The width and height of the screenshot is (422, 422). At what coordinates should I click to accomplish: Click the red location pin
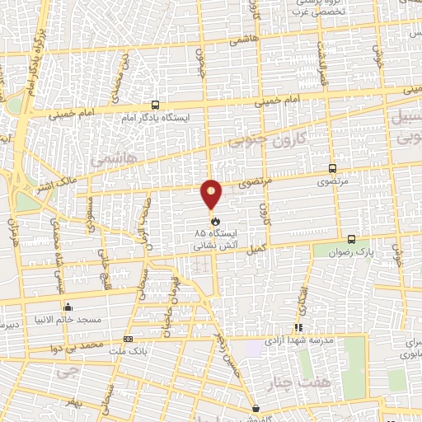[x=212, y=194]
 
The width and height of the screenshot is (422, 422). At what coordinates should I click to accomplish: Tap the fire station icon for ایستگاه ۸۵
[x=215, y=221]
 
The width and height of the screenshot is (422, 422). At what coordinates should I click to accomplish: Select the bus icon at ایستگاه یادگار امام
[x=156, y=105]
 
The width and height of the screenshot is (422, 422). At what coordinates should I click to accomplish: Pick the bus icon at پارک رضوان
[x=352, y=235]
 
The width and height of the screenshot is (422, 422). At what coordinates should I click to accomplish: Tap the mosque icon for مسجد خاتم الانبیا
[x=68, y=307]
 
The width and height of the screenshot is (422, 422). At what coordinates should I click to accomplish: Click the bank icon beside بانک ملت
[x=127, y=340]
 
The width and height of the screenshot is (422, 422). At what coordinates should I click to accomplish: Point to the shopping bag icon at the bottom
[x=256, y=407]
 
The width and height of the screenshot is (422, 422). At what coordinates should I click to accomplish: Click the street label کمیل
[x=258, y=246]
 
